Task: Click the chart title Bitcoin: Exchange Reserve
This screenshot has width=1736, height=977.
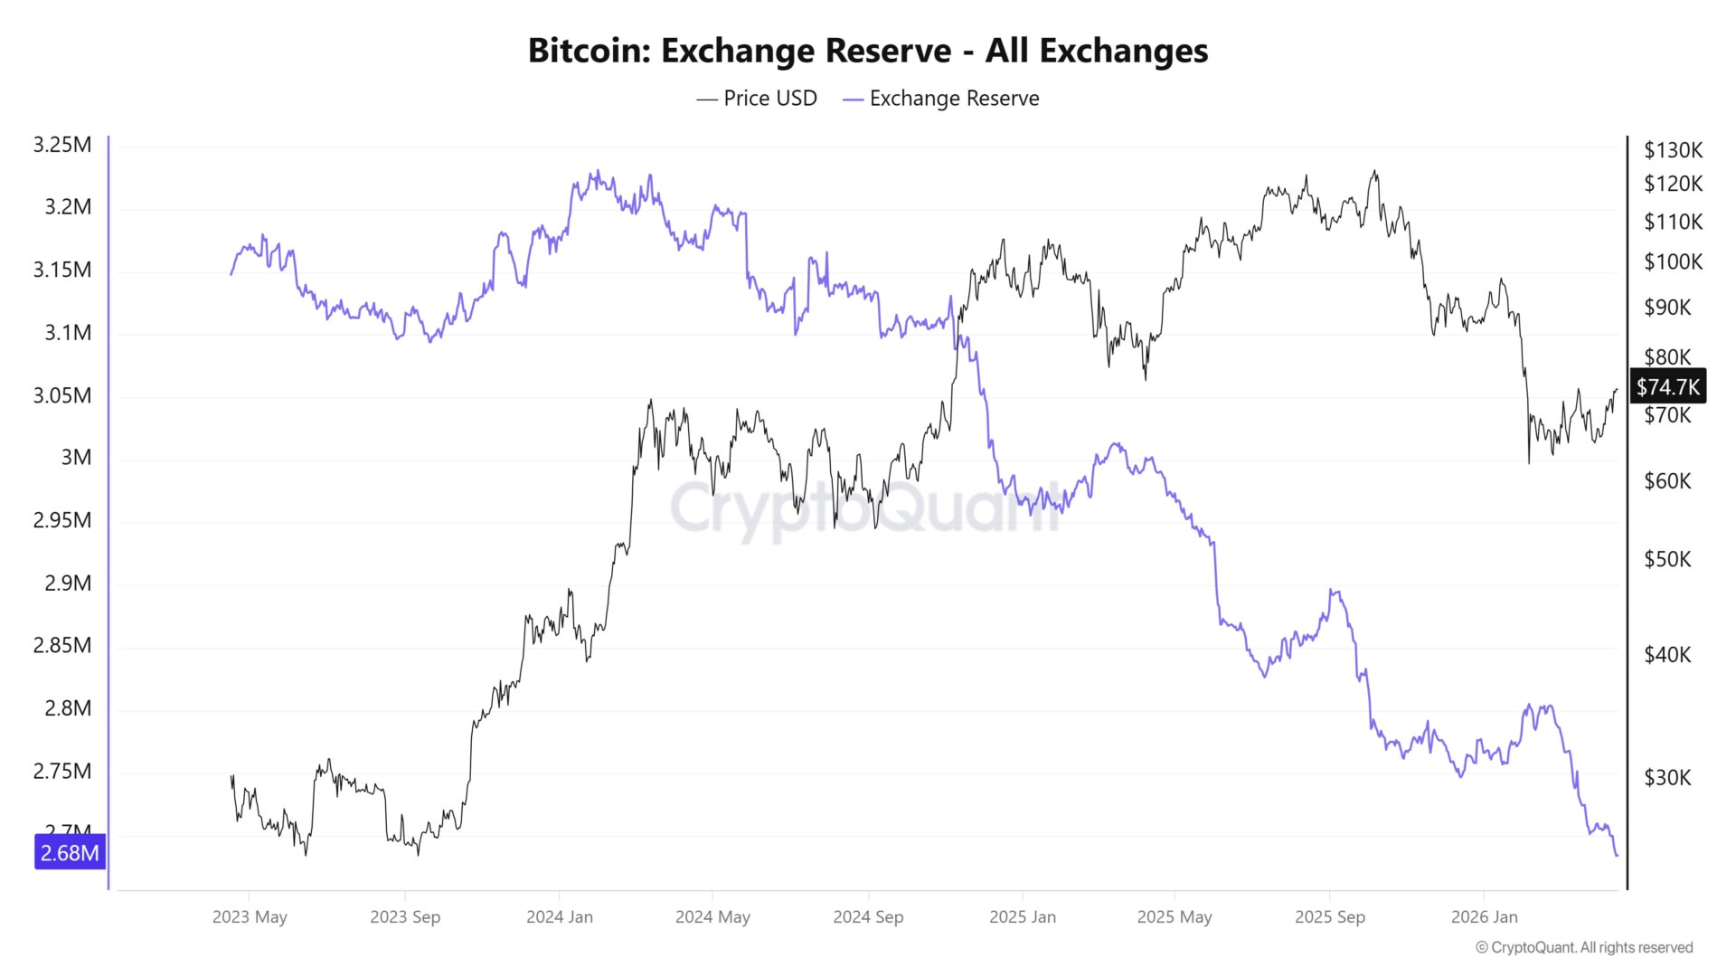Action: click(x=867, y=51)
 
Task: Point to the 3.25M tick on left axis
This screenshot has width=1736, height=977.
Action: click(x=61, y=145)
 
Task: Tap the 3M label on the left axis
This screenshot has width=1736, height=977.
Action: click(x=76, y=458)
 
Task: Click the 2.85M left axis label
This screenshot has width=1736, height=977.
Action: click(x=61, y=646)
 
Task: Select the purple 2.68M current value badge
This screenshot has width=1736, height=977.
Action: click(x=70, y=853)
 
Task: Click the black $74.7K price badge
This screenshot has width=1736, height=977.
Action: click(x=1667, y=387)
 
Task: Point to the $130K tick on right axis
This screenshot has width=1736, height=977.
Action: click(x=1673, y=150)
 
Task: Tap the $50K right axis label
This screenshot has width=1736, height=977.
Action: click(x=1666, y=559)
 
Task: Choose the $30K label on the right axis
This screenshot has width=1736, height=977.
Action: click(x=1666, y=778)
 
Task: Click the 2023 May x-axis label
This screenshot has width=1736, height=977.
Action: click(x=250, y=917)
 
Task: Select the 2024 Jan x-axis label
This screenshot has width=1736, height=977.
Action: click(x=560, y=917)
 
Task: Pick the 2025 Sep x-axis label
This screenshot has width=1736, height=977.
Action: click(x=1329, y=917)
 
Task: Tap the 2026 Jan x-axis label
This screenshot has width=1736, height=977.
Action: click(x=1484, y=917)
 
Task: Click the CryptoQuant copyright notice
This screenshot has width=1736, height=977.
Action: click(x=1584, y=948)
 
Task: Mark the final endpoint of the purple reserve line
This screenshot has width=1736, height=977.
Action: click(x=1617, y=856)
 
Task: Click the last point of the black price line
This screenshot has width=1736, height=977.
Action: click(x=1617, y=390)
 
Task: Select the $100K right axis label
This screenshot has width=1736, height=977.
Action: click(x=1673, y=262)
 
